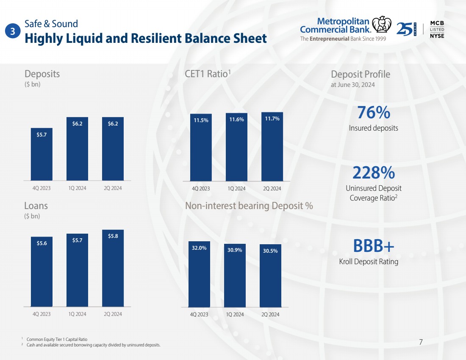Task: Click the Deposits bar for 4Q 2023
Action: click(42, 154)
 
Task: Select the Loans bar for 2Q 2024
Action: click(113, 268)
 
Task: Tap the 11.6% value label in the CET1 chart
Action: click(236, 119)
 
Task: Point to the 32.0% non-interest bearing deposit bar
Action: click(199, 274)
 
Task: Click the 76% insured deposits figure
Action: click(374, 112)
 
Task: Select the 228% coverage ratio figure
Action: click(374, 173)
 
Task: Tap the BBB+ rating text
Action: click(374, 246)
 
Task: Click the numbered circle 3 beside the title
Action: click(13, 31)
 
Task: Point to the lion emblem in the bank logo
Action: click(382, 25)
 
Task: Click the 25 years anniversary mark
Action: click(406, 29)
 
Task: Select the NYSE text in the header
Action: click(437, 36)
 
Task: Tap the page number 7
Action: click(421, 342)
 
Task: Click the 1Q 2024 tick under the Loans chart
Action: click(77, 314)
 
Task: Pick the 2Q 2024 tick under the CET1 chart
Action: click(272, 188)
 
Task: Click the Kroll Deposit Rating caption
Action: click(369, 262)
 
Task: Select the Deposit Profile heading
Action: click(361, 74)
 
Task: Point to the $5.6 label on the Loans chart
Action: click(42, 243)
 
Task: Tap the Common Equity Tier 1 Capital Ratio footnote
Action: click(57, 339)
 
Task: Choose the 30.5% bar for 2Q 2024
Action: click(270, 276)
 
